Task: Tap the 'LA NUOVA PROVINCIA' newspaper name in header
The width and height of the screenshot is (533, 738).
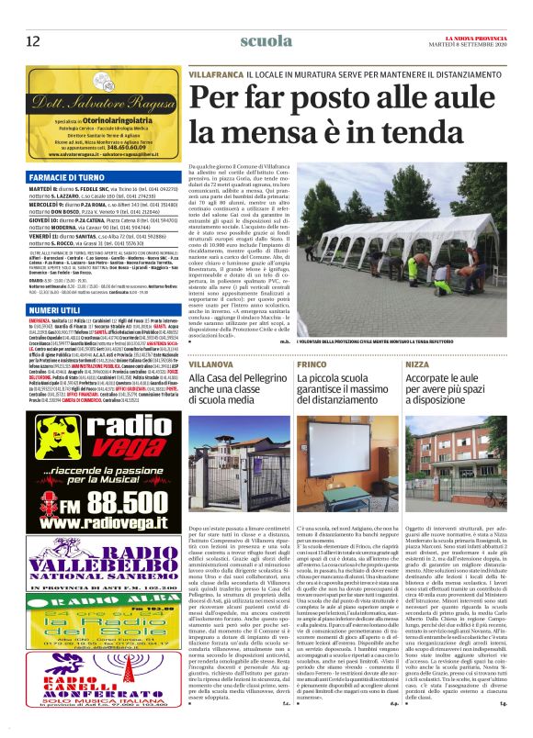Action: [479, 36]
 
